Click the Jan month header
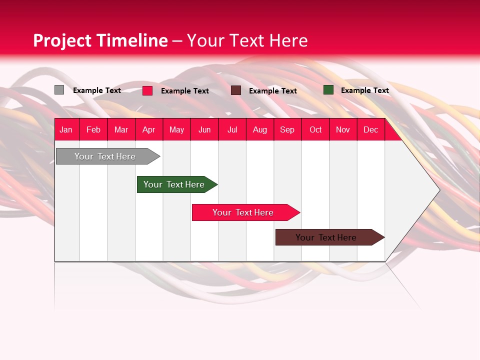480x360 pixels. click(66, 129)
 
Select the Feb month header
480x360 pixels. click(93, 129)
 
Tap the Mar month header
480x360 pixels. click(121, 129)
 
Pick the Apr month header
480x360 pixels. click(148, 129)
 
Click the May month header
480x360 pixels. click(176, 129)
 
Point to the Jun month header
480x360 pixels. click(204, 129)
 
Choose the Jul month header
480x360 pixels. click(232, 129)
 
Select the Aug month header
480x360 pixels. click(259, 129)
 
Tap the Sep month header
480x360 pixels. click(287, 129)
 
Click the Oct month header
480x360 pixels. click(315, 129)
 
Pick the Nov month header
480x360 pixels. click(342, 129)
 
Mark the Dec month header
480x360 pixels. click(370, 129)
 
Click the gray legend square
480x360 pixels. click(59, 90)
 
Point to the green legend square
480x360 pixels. click(328, 90)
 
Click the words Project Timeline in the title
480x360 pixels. click(100, 40)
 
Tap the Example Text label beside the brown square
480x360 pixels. click(272, 91)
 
